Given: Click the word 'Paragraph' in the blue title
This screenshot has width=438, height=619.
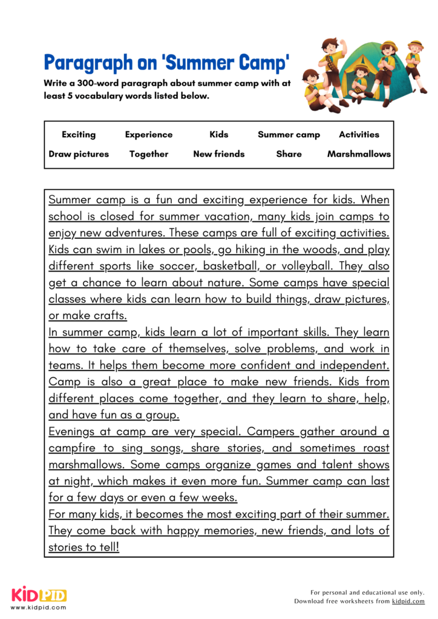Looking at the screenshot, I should pos(87,62).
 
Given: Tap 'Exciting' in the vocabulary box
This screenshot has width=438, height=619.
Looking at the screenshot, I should pos(79,135).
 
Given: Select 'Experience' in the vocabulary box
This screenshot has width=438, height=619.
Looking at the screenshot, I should pos(149,135).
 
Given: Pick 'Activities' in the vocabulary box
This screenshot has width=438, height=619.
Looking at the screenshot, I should pos(359,135).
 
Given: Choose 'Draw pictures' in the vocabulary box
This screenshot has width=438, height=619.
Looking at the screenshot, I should pos(79,154).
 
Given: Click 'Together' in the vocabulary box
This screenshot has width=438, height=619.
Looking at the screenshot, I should pos(149,154).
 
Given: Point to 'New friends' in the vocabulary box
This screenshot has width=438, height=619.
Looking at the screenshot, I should pos(219,154).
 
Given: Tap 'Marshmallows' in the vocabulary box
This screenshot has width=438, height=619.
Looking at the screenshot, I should pos(359,154).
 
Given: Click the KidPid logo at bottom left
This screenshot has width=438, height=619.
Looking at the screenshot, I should pos(39,595).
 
